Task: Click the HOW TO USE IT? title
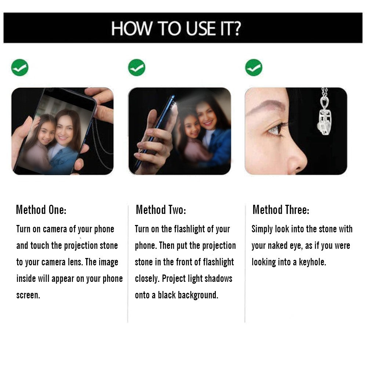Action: coord(176,28)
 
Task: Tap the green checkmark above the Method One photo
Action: coord(20,68)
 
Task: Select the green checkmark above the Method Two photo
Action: coord(137,68)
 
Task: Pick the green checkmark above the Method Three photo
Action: coord(254,68)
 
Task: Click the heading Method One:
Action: coord(41,210)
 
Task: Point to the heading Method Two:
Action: coord(161,210)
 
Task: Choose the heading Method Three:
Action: coord(281,210)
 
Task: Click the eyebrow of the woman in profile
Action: coord(266,106)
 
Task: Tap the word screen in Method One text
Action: coord(28,295)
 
